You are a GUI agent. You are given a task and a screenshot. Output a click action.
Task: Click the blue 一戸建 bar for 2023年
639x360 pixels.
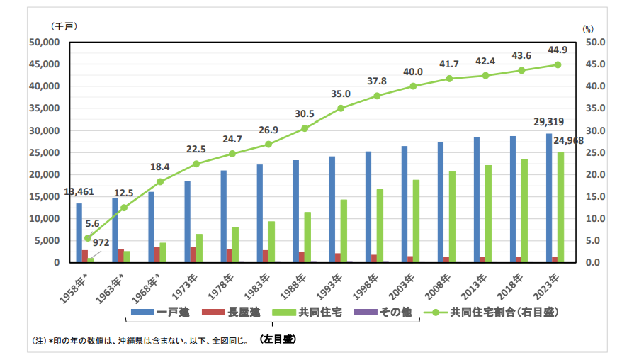point(549,198)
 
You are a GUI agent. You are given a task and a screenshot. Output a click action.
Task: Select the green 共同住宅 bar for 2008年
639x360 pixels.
point(452,217)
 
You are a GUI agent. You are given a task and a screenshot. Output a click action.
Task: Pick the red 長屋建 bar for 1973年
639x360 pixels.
point(193,255)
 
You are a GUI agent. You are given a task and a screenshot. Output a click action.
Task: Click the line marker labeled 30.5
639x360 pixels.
point(305,128)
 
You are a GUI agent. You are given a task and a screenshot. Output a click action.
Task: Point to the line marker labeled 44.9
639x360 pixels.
point(558,64)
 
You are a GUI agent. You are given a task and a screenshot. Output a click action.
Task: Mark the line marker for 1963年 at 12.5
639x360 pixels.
point(124,208)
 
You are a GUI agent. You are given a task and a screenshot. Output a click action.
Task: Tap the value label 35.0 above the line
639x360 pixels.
point(341,94)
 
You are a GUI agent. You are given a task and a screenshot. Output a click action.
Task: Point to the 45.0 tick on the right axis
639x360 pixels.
point(595,64)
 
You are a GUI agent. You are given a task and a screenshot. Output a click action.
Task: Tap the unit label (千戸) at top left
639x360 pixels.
point(64,26)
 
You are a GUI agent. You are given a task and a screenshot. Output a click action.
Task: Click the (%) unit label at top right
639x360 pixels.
point(587,29)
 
